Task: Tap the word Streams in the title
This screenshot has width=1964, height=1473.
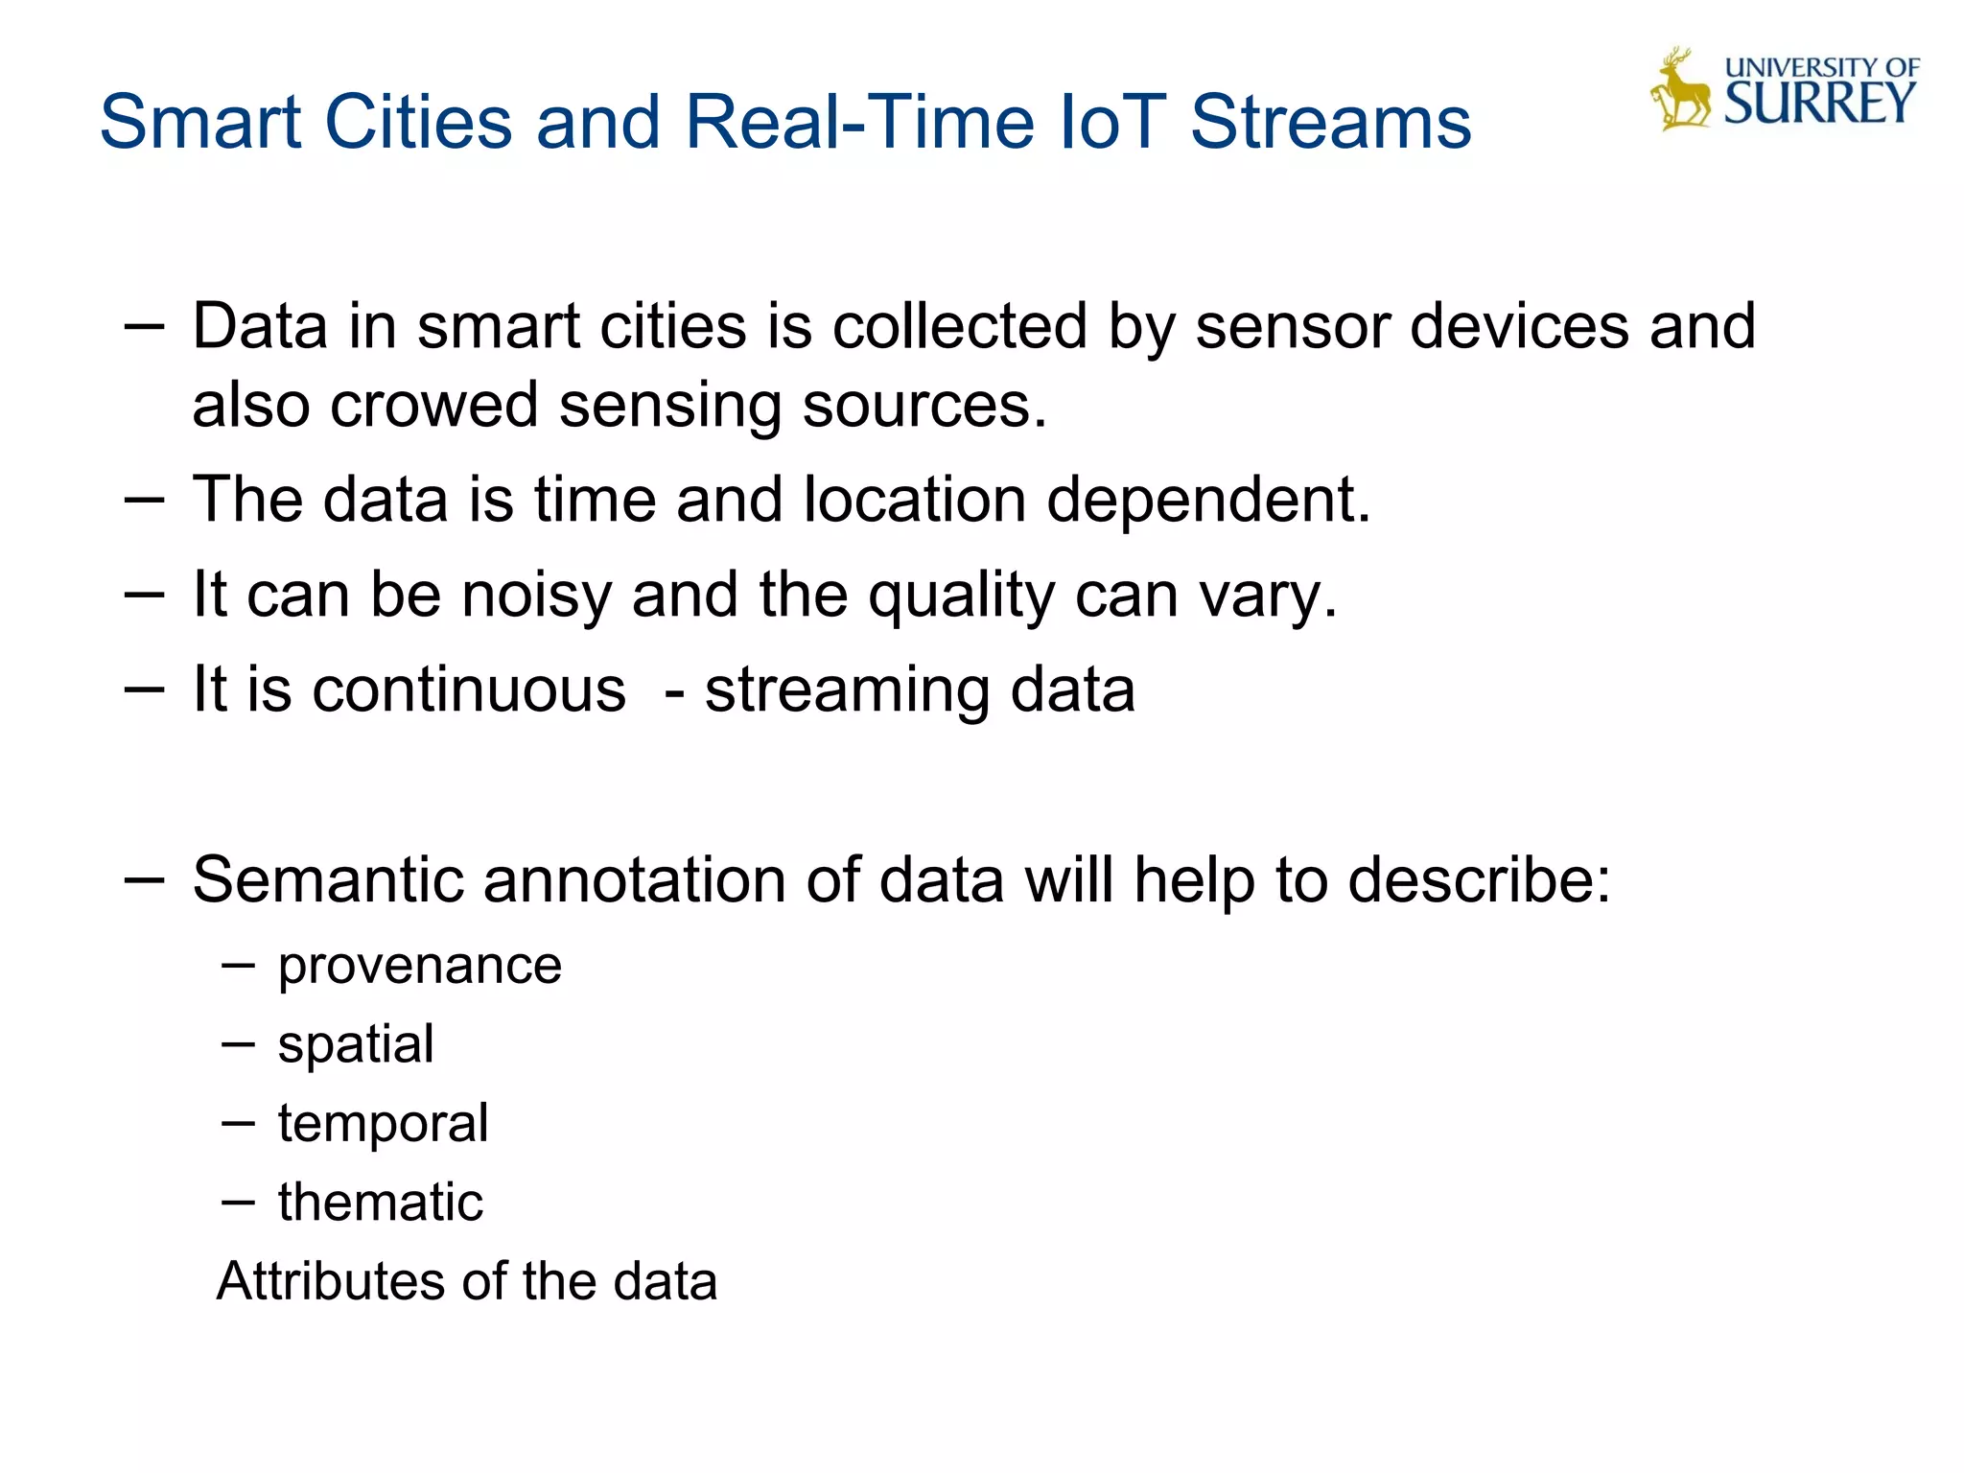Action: coord(1330,122)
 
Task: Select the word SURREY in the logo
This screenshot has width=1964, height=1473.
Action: coord(1819,104)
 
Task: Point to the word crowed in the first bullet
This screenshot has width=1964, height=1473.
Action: coord(433,405)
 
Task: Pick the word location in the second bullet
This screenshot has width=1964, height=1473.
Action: coord(915,500)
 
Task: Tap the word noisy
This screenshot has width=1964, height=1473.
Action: coord(536,596)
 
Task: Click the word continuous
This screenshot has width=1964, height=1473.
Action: coord(469,690)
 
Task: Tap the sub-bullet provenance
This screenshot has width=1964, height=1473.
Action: coord(420,967)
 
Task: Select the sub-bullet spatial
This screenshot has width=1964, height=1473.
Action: coord(356,1045)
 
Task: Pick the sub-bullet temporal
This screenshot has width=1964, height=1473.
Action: coord(383,1124)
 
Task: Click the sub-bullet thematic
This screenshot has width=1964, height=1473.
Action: coord(381,1203)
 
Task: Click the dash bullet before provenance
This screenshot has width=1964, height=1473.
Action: coord(238,965)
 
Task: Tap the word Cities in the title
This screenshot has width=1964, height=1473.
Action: coord(419,122)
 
